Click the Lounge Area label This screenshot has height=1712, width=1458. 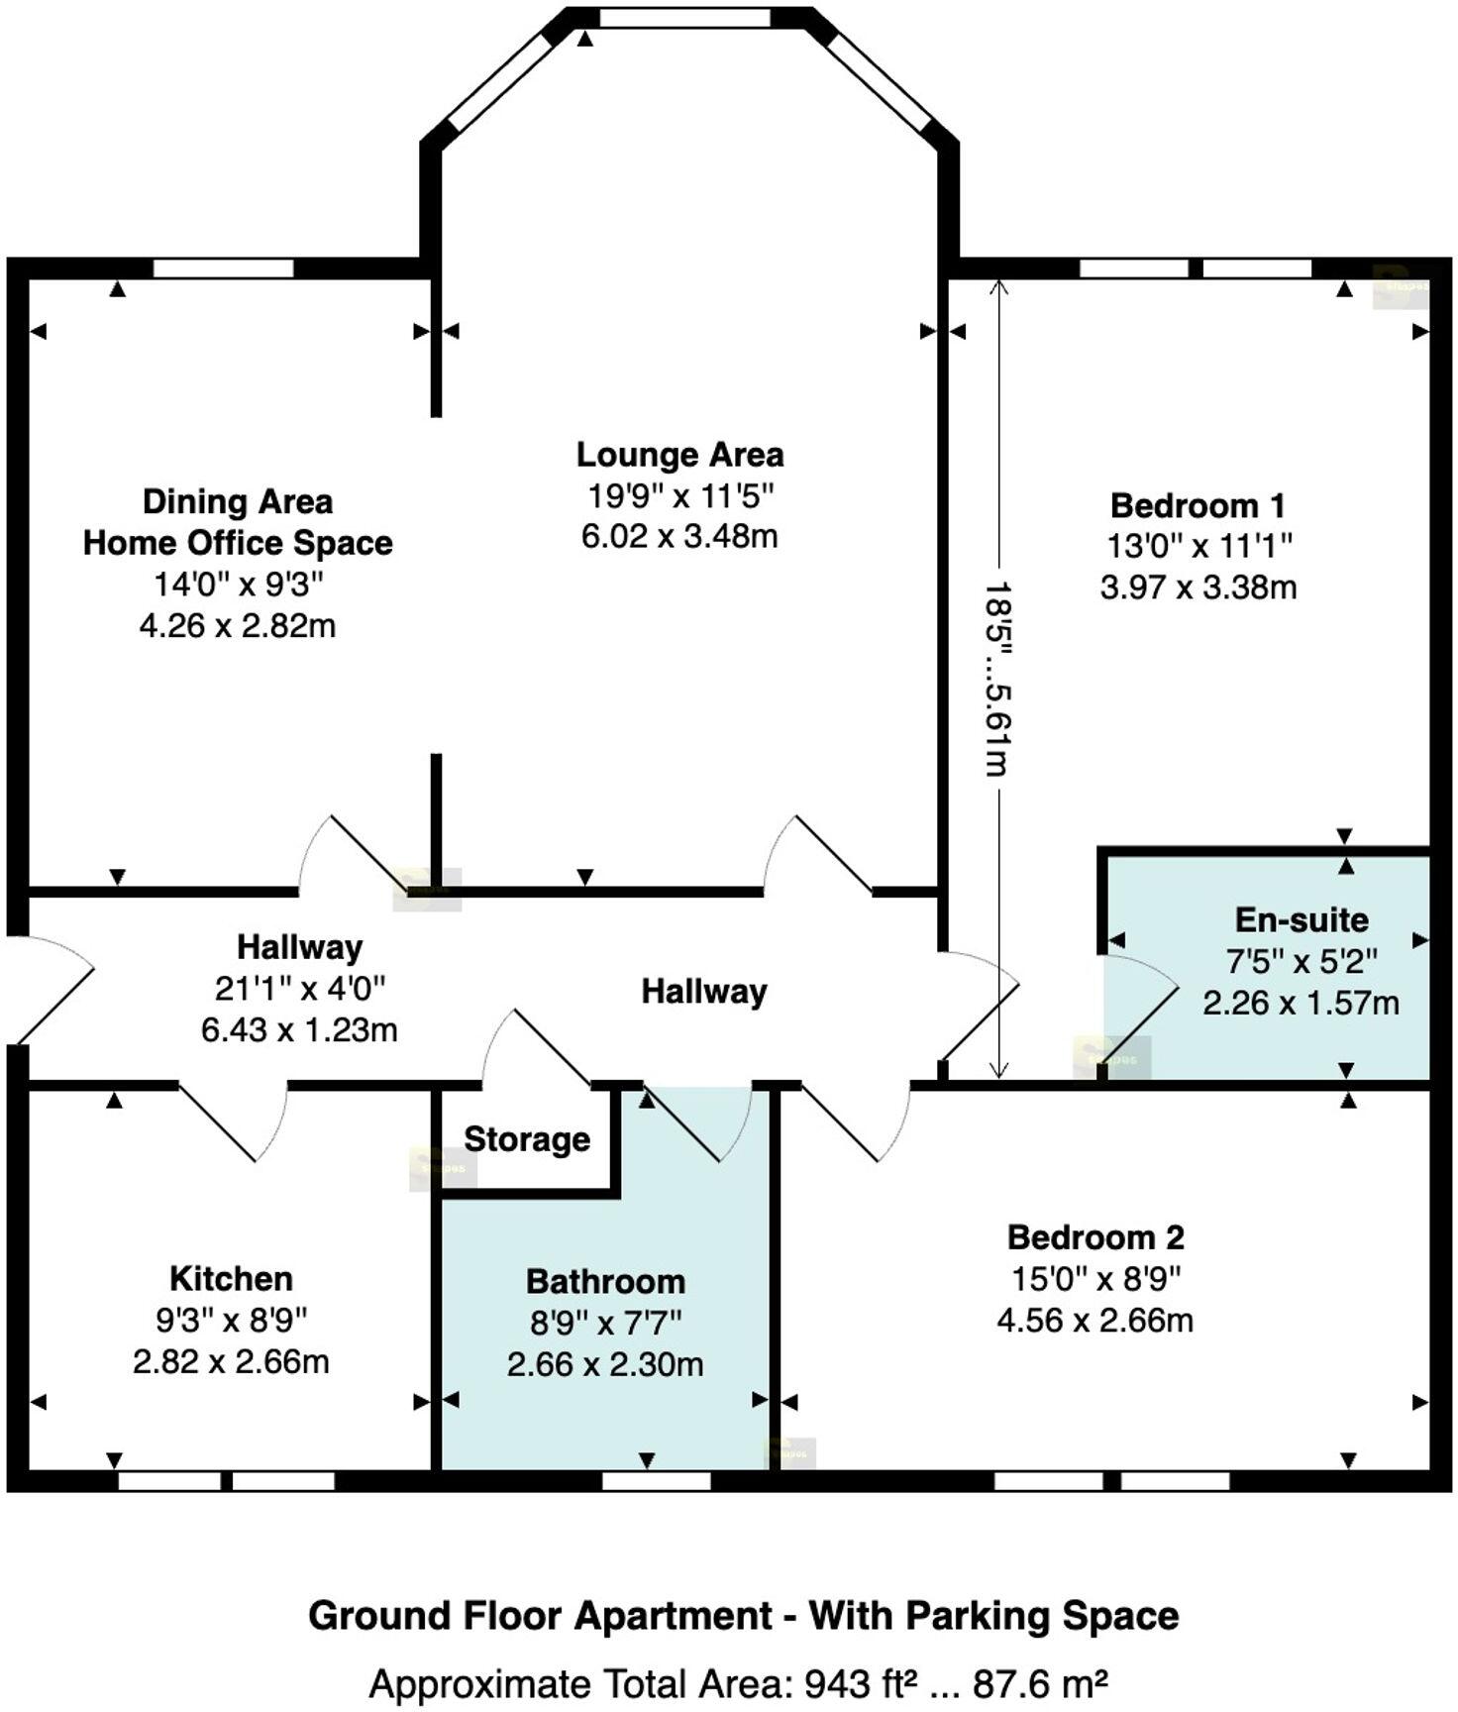tap(679, 455)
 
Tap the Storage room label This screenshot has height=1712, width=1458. tap(526, 1139)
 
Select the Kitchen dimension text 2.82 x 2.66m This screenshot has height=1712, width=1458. tap(231, 1361)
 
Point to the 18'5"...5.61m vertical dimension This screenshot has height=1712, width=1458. tap(997, 679)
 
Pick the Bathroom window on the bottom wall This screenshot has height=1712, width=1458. tap(656, 1480)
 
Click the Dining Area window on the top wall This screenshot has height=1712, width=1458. tap(224, 267)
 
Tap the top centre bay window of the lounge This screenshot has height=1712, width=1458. tap(683, 17)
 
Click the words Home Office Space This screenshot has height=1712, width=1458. tap(238, 543)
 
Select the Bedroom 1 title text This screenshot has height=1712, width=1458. tap(1198, 505)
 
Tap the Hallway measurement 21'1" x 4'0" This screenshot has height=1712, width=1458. tap(299, 988)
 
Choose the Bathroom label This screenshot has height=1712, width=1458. tap(605, 1281)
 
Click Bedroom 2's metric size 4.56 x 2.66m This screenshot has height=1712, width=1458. tap(1094, 1320)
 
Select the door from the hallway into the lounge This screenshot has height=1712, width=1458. tap(817, 857)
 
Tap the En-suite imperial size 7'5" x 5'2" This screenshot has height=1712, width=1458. tap(1302, 960)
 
